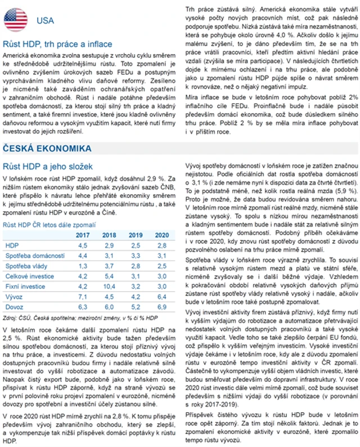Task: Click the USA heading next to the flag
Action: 45,21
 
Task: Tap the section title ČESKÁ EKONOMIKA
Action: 47,149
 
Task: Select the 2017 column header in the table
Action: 83,235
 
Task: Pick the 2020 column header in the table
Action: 161,235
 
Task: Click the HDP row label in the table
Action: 12,245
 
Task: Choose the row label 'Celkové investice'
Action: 27,276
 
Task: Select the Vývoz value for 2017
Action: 83,297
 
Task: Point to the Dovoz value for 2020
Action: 161,307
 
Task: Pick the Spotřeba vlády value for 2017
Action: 83,266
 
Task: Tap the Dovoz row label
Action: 13,307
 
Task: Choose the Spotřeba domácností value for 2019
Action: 136,256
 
